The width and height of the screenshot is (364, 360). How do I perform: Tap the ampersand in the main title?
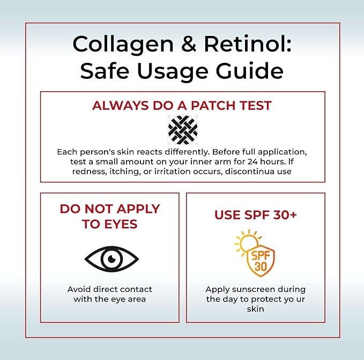(x=189, y=44)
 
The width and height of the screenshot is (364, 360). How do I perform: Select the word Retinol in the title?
(x=248, y=44)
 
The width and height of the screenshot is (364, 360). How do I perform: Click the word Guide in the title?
(x=250, y=71)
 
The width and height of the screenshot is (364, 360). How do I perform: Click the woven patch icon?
(x=183, y=129)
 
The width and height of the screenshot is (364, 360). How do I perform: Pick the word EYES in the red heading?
(x=121, y=224)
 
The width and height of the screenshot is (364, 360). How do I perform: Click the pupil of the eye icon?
(x=112, y=259)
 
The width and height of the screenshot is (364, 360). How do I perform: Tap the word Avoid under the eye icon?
(x=78, y=289)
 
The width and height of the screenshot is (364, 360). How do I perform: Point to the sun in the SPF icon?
(x=248, y=243)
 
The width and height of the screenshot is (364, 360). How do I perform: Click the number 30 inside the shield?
(x=261, y=267)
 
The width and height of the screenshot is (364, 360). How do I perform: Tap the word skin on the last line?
(x=255, y=309)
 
